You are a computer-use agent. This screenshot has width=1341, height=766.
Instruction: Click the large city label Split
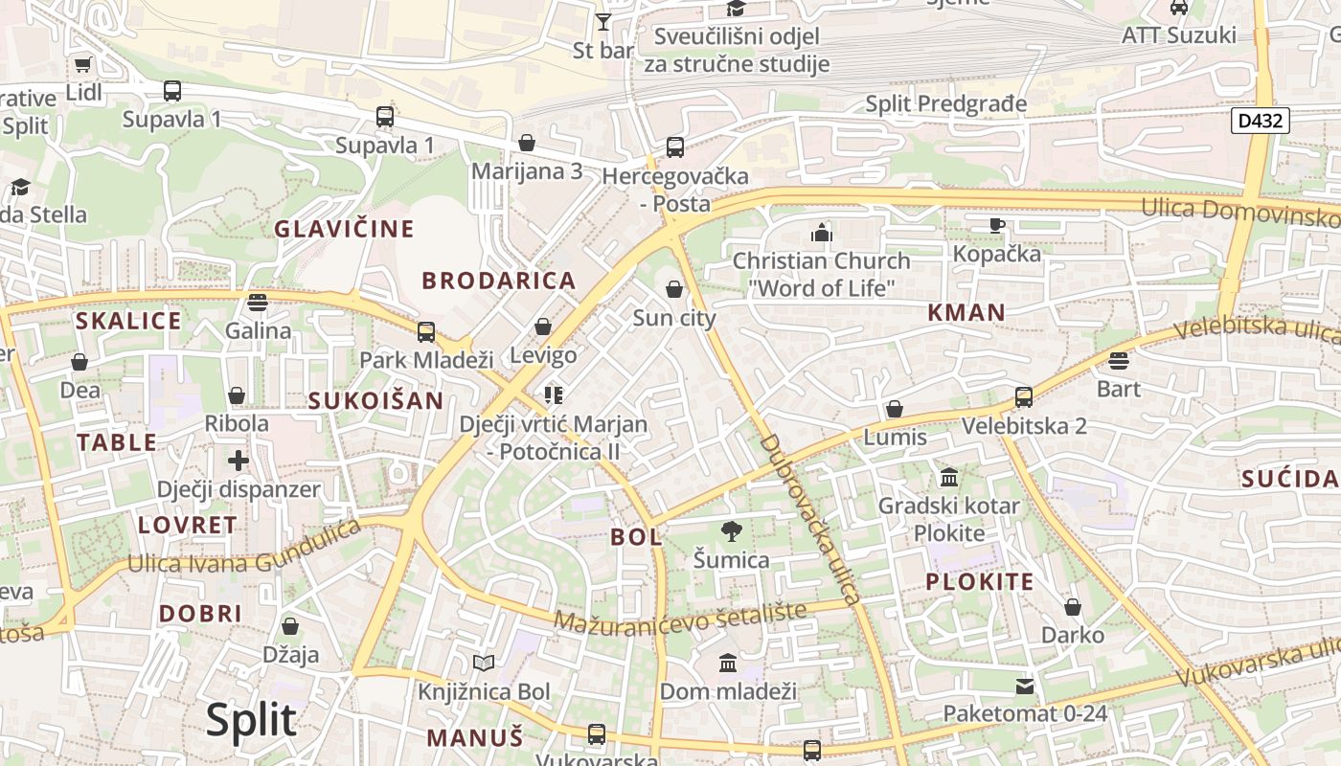coord(251,720)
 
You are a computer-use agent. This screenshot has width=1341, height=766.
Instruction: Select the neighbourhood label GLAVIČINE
coord(344,229)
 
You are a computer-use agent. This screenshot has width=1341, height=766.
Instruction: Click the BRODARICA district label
coord(499,281)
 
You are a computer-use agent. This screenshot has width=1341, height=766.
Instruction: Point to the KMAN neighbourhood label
coord(966,312)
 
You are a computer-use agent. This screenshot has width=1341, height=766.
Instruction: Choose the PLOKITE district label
coord(980,581)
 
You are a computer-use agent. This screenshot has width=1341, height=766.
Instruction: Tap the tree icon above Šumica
coord(732,530)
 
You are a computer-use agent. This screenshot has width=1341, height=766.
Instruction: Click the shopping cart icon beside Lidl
coord(83,65)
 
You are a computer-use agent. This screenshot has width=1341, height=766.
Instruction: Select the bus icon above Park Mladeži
coord(426,332)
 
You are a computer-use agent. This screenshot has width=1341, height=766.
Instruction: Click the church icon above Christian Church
coord(822,232)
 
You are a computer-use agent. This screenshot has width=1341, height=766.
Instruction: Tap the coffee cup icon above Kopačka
coord(996,226)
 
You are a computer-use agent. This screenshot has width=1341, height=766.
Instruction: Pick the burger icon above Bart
coord(1119,361)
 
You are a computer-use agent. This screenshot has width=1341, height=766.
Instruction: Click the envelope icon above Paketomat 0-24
coord(1025,686)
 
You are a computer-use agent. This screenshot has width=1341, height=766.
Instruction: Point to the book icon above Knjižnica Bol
coord(484,663)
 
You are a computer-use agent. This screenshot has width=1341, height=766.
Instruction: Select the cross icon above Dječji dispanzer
coord(239,461)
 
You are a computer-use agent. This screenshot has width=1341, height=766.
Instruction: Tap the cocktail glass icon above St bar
coord(603,21)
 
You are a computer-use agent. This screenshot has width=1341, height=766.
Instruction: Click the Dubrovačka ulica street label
coord(809,518)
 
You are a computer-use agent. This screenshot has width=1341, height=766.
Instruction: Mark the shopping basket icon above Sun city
coord(674,289)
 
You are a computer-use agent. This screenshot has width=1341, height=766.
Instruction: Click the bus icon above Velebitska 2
coord(1024,397)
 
